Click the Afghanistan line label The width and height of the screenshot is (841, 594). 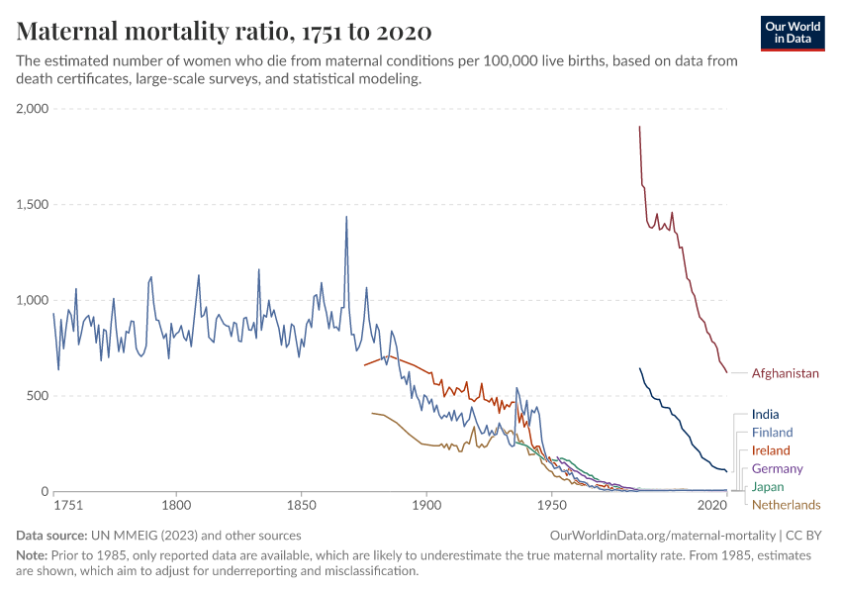tap(786, 374)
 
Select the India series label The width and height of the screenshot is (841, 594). tap(765, 415)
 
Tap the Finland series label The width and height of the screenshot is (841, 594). tap(772, 433)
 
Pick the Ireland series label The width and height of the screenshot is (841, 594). tap(771, 450)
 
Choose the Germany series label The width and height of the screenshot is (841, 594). tap(777, 468)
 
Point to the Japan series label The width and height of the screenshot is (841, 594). tap(768, 486)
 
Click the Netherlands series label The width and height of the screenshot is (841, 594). tap(786, 505)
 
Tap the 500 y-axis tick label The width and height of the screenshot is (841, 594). tap(37, 396)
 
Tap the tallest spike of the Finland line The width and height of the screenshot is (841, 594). tap(346, 217)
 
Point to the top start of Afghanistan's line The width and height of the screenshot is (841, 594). tap(640, 127)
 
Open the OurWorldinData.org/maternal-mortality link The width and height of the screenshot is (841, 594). tap(659, 535)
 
